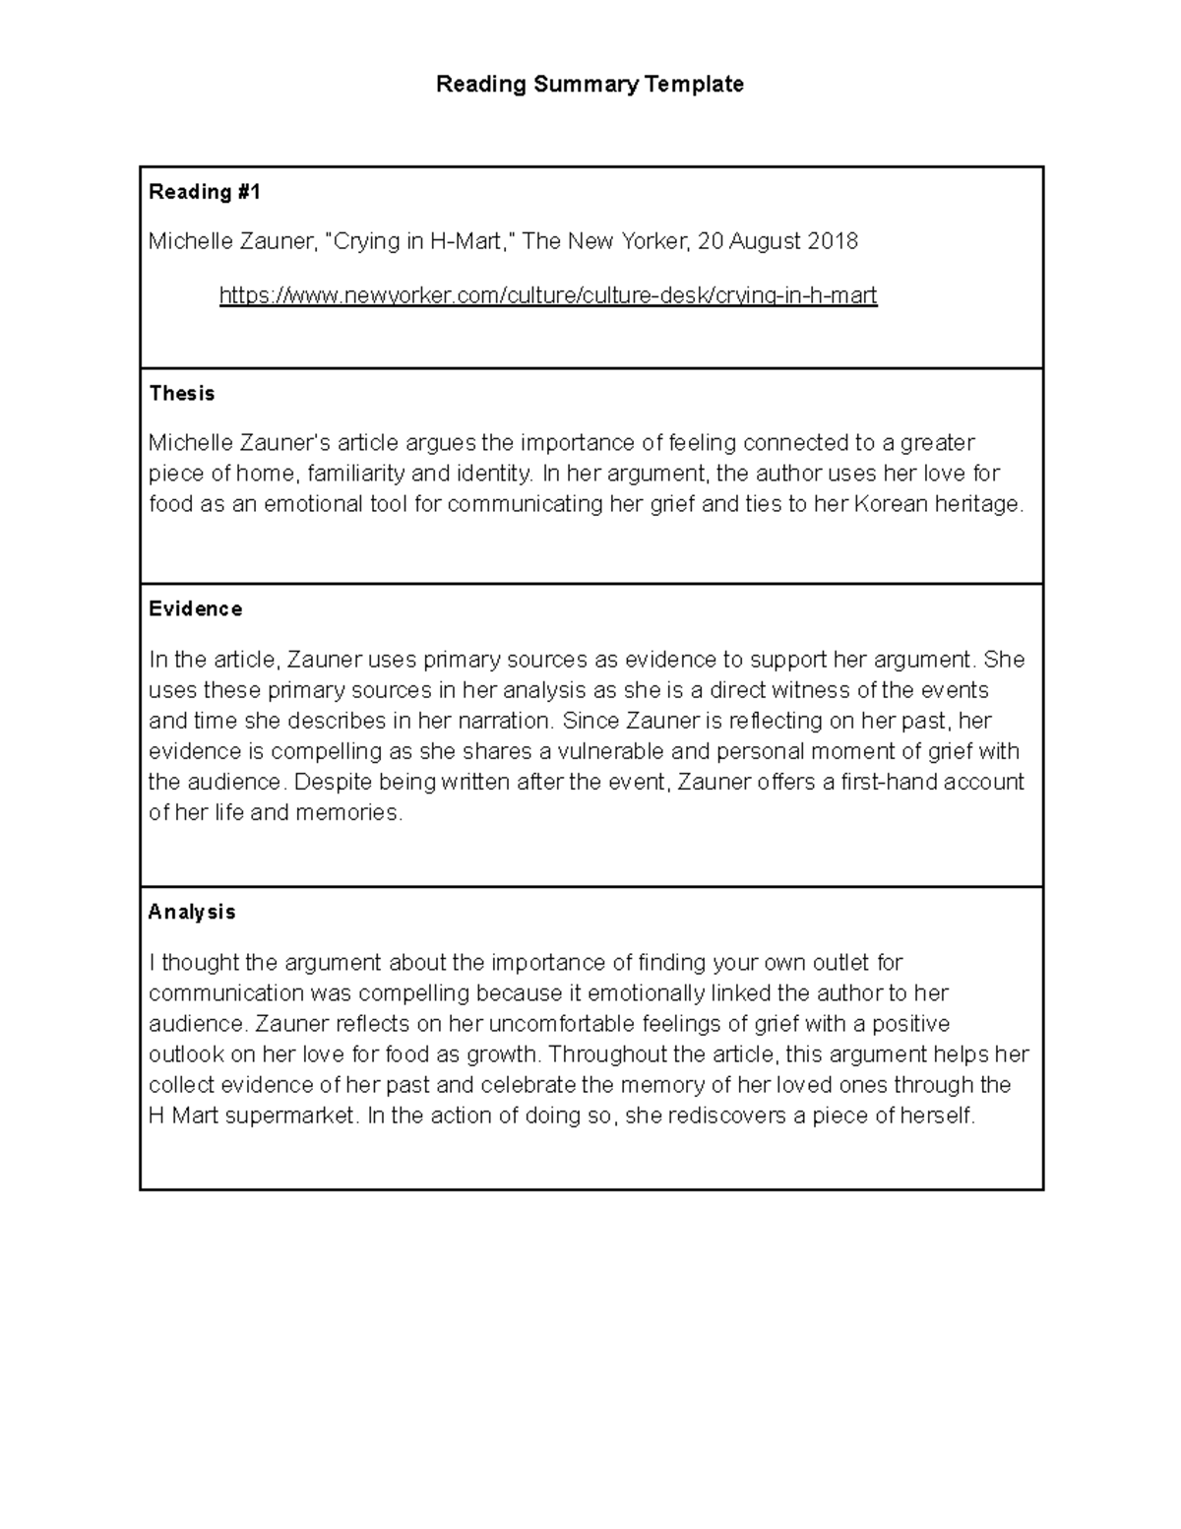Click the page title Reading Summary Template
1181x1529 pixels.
[x=590, y=85]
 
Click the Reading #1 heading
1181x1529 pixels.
[x=205, y=192]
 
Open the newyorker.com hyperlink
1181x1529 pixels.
[x=547, y=295]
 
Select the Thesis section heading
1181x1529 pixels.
[x=181, y=394]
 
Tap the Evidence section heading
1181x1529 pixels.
[x=195, y=609]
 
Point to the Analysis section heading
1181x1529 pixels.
[x=192, y=913]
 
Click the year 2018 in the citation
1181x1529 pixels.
[x=833, y=241]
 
